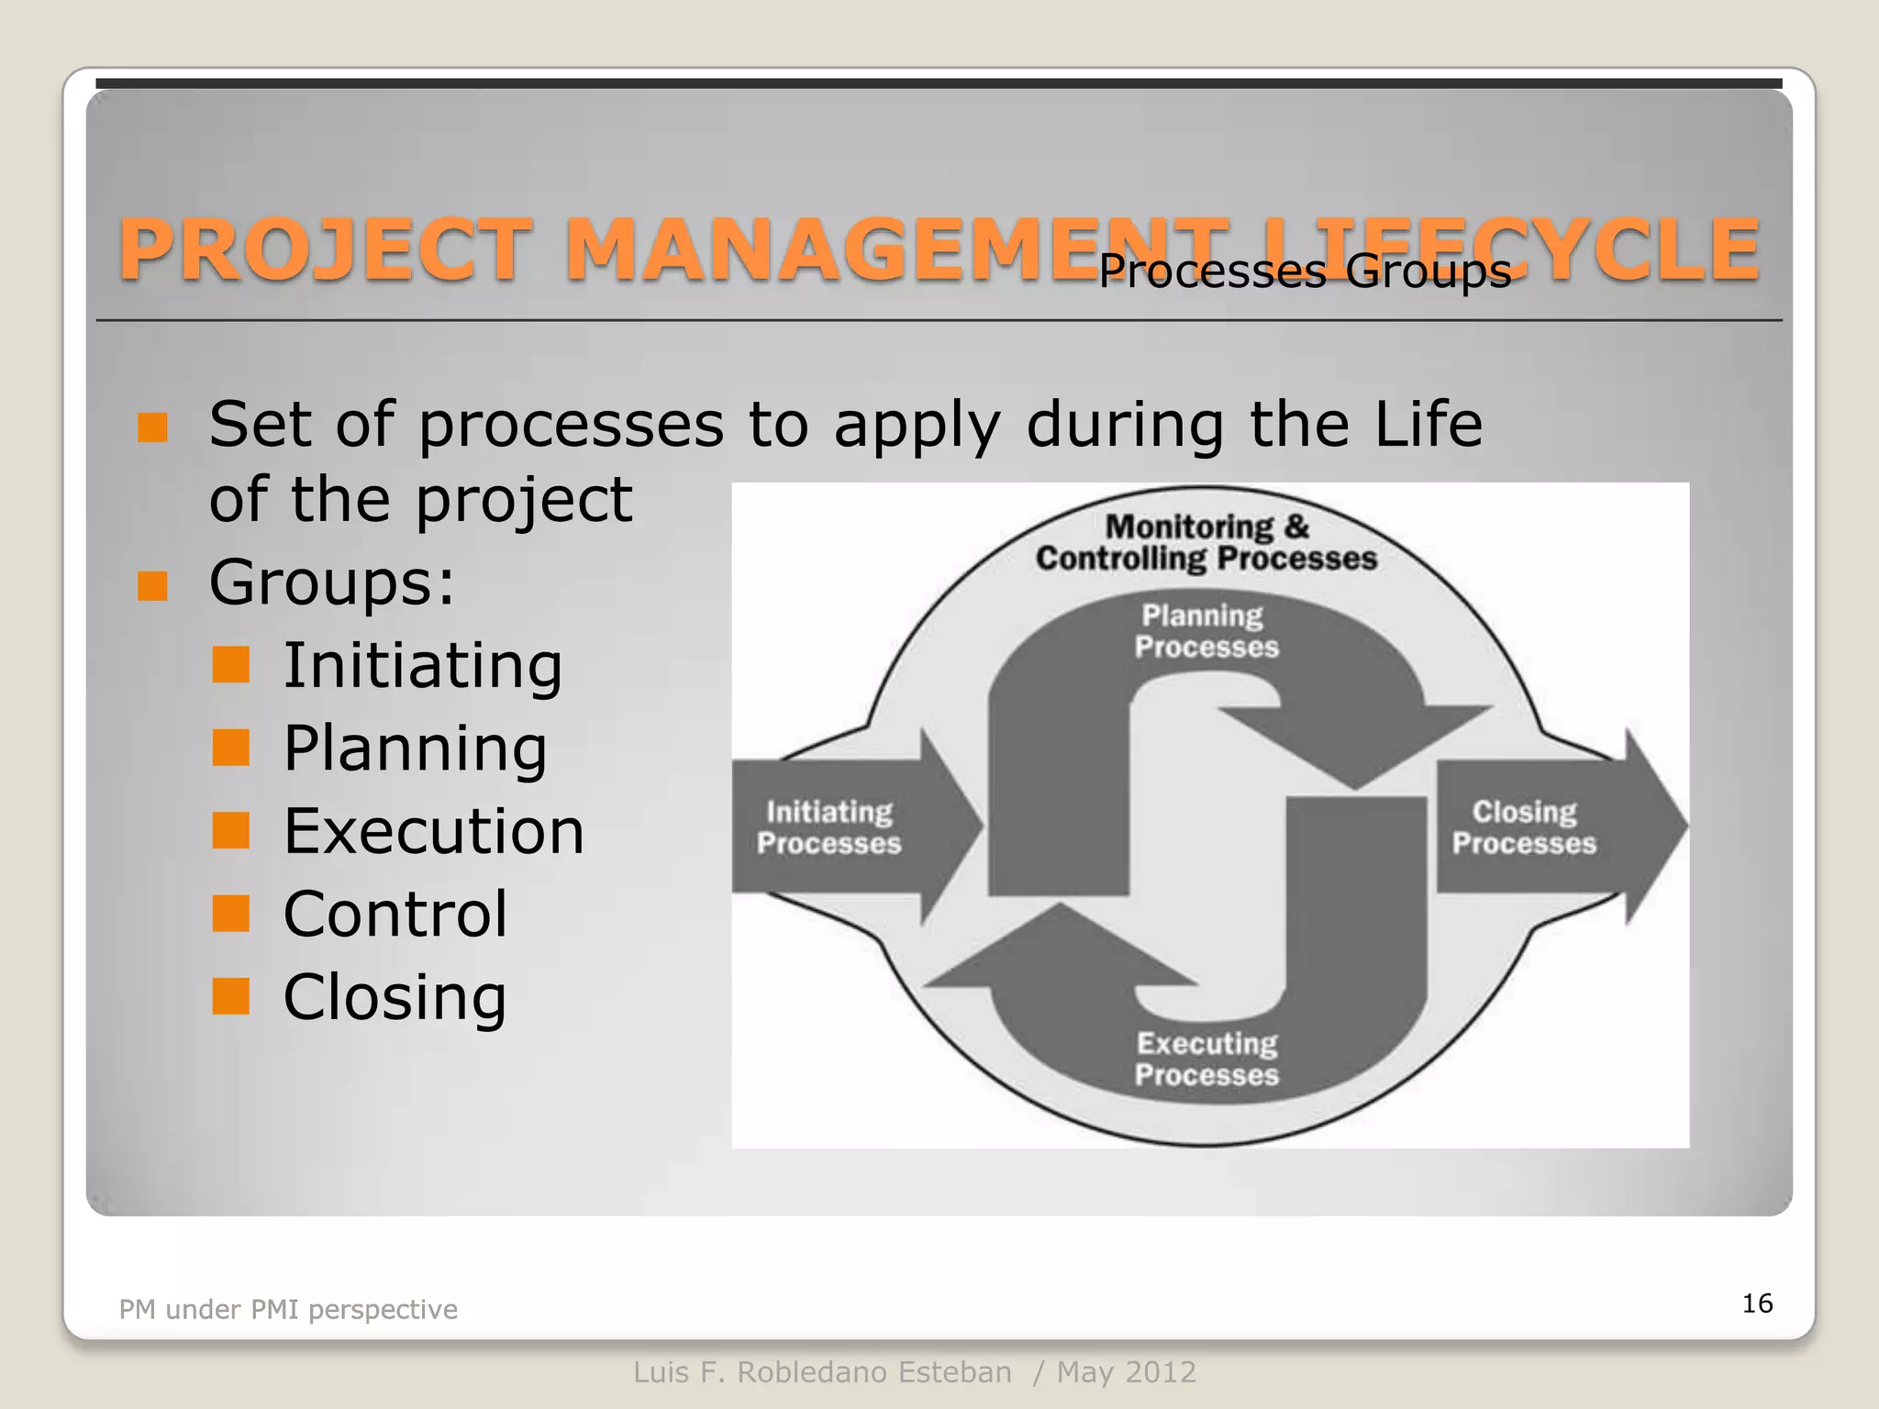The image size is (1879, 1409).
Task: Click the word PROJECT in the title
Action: pyautogui.click(x=326, y=250)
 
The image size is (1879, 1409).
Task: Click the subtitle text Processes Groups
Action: pyautogui.click(x=1304, y=272)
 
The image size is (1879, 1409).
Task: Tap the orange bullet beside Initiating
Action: pyautogui.click(x=230, y=665)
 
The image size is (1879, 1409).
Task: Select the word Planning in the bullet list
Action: pyautogui.click(x=415, y=749)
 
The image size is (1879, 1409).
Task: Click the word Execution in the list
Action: pyautogui.click(x=433, y=831)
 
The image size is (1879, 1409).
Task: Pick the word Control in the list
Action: pyautogui.click(x=395, y=914)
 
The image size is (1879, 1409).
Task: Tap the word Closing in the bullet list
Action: pyautogui.click(x=395, y=996)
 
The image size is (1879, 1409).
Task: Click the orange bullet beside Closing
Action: pyautogui.click(x=230, y=996)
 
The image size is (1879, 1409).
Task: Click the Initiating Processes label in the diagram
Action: pyautogui.click(x=828, y=827)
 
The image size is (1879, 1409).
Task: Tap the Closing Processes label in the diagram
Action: pyautogui.click(x=1524, y=827)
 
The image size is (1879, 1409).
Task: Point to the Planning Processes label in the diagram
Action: pyautogui.click(x=1206, y=631)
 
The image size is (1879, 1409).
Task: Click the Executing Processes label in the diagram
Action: pyautogui.click(x=1206, y=1059)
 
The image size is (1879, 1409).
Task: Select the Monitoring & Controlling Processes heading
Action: pyautogui.click(x=1206, y=542)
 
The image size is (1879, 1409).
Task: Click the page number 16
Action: pyautogui.click(x=1757, y=1303)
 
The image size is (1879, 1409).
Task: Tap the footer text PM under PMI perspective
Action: pyautogui.click(x=288, y=1309)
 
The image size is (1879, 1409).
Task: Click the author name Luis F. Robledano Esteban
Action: pyautogui.click(x=822, y=1372)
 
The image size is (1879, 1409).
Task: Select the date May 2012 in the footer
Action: pyautogui.click(x=1126, y=1372)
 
